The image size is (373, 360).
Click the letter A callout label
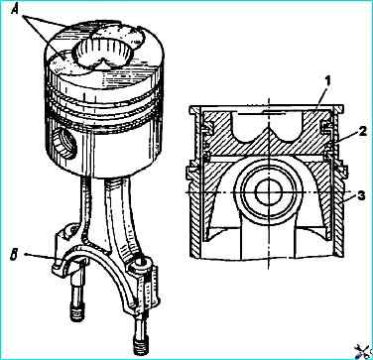pos(16,10)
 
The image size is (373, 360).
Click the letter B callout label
pos(14,256)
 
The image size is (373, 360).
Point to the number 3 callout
pos(361,195)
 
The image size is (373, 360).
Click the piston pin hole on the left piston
pos(64,143)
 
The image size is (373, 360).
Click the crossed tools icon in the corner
pos(363,350)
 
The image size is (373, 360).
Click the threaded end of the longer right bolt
pos(140,345)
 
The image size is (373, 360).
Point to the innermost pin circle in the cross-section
pos(269,192)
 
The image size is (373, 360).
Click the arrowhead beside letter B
pos(27,255)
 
